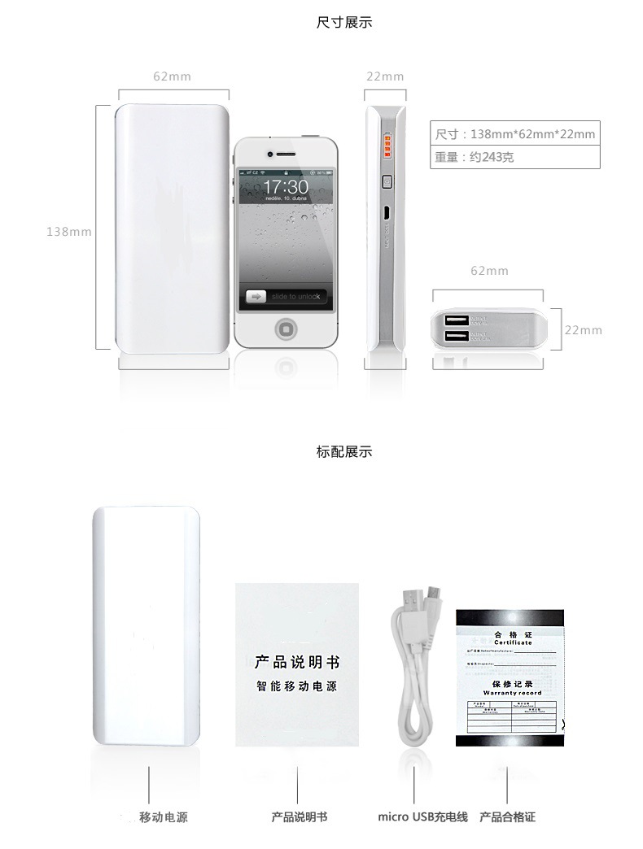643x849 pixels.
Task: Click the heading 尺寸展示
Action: (x=343, y=23)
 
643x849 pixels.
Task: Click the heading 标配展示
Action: (x=343, y=451)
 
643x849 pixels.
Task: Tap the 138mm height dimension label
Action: (x=68, y=232)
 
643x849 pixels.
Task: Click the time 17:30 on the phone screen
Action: (x=285, y=187)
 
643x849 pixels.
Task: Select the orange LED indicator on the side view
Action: (x=388, y=146)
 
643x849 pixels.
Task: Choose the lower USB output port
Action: (x=456, y=335)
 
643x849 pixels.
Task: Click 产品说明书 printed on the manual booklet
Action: (x=296, y=663)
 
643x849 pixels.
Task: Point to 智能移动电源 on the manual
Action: (x=296, y=687)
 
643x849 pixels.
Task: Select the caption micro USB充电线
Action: (x=422, y=816)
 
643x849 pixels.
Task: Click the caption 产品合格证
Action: (x=508, y=816)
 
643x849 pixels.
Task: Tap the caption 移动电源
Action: (x=163, y=816)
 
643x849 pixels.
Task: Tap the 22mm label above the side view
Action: (x=385, y=76)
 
